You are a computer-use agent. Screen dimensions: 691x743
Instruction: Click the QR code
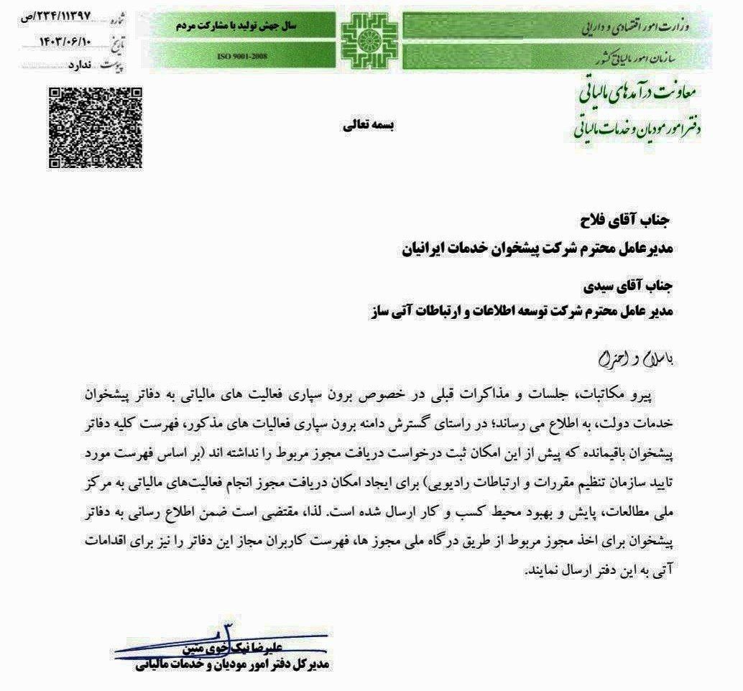click(95, 127)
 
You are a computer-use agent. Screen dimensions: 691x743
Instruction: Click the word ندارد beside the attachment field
click(80, 65)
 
